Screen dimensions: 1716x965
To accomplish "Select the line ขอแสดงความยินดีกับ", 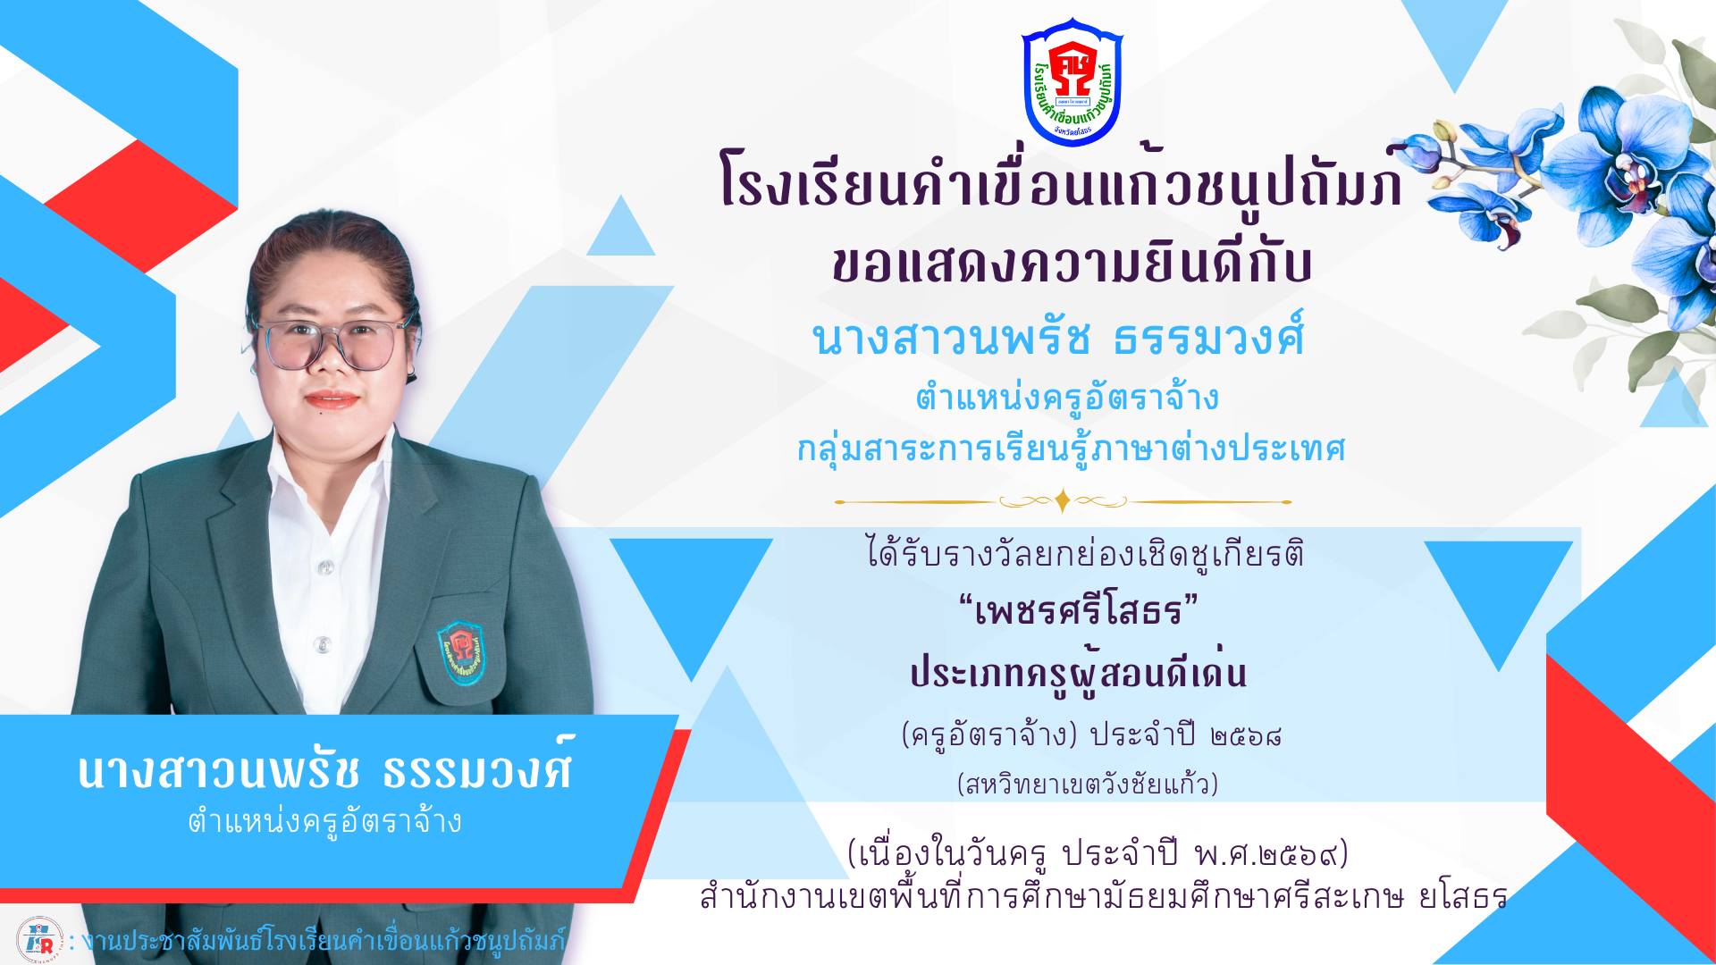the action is tap(1071, 263).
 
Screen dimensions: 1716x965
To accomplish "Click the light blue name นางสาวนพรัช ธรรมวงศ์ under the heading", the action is tap(1059, 338).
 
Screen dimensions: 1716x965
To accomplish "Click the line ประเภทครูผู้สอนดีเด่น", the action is tap(1078, 672).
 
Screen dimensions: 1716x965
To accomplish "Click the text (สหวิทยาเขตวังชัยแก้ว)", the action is tap(1087, 784).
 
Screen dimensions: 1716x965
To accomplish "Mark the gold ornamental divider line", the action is tap(1063, 501).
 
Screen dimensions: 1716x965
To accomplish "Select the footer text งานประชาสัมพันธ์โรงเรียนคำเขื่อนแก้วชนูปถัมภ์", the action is tap(324, 941).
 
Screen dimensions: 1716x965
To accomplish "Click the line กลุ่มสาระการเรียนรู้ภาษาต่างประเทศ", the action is tap(1071, 448).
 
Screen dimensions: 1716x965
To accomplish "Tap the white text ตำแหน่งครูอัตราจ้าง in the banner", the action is tap(324, 821).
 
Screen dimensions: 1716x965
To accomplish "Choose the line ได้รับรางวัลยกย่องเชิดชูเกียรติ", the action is tap(1085, 554).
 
